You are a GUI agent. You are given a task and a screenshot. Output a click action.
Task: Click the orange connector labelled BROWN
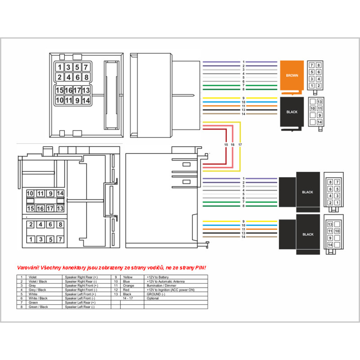click(292, 76)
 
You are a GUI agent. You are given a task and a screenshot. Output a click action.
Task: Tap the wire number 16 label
click(232, 145)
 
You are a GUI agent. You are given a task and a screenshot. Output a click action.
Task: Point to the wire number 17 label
click(240, 145)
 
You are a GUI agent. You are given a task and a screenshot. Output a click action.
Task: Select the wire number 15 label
click(226, 145)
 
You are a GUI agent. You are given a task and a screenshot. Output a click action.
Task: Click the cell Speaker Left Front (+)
click(81, 294)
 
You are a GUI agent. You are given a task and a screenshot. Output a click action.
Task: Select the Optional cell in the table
click(153, 298)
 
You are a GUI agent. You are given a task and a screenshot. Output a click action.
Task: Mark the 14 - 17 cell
click(127, 298)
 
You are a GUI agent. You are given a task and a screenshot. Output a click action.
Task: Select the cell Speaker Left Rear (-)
click(80, 307)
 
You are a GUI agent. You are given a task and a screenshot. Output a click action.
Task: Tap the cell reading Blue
click(126, 281)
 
